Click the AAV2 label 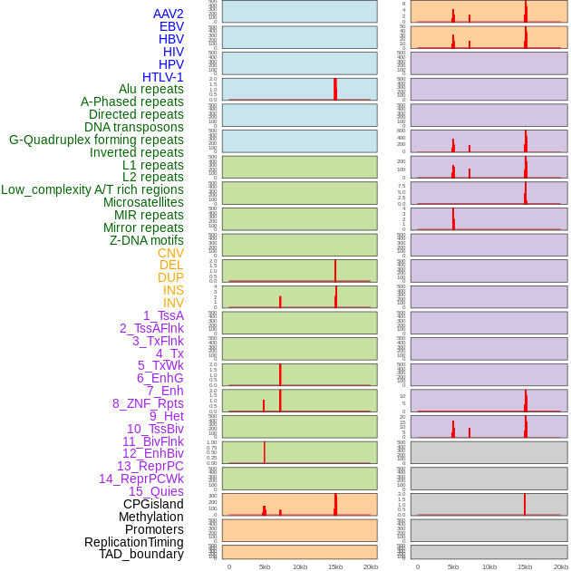169,14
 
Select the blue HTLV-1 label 163,77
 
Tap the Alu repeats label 151,90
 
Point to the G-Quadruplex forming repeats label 96,140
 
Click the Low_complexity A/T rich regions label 92,189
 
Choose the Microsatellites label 143,202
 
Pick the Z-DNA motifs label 147,240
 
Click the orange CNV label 170,253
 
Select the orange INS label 173,290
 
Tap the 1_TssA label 163,315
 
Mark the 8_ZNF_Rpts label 148,403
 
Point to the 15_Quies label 156,491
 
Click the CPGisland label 153,504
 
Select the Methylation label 151,517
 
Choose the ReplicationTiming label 133,542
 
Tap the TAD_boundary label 141,554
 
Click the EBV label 171,26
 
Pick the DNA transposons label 134,127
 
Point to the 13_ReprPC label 150,466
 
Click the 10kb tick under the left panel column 300,566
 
